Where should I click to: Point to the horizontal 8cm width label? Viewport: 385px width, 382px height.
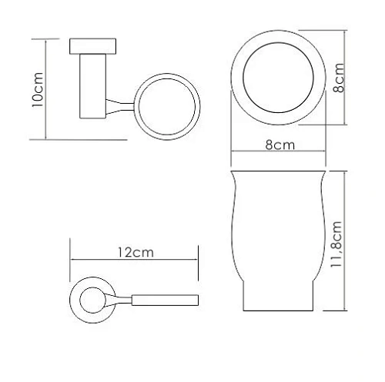pyautogui.click(x=280, y=144)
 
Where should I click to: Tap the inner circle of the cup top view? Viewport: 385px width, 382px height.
pyautogui.click(x=280, y=79)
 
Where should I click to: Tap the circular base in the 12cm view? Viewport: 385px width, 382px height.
pyautogui.click(x=91, y=296)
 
